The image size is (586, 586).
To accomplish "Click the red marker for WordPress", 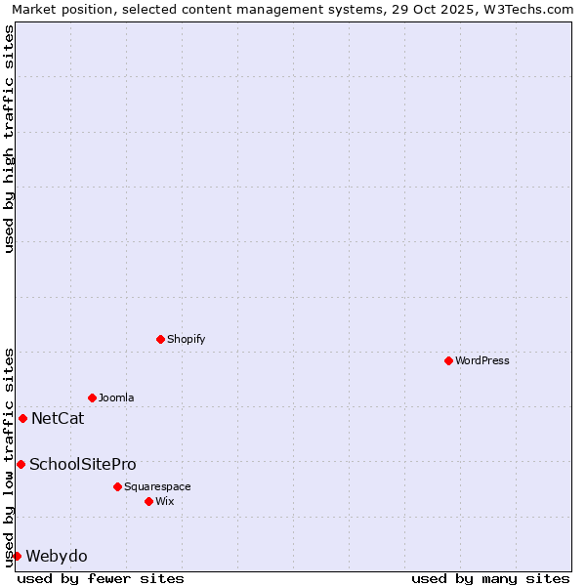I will pyautogui.click(x=448, y=360).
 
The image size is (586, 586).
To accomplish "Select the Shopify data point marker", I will pyautogui.click(x=160, y=339).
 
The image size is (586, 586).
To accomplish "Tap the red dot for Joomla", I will pyautogui.click(x=92, y=398).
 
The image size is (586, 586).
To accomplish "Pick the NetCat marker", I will pyautogui.click(x=22, y=418).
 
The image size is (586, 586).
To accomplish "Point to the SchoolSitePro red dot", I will pyautogui.click(x=21, y=464).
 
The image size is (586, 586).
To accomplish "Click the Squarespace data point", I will pyautogui.click(x=117, y=486).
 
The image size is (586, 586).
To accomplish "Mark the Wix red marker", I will pyautogui.click(x=148, y=501).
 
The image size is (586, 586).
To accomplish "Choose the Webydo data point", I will pyautogui.click(x=17, y=556).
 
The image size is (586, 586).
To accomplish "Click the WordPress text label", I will pyautogui.click(x=482, y=360).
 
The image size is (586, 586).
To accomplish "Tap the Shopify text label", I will pyautogui.click(x=186, y=339).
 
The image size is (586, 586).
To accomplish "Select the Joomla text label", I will pyautogui.click(x=116, y=398).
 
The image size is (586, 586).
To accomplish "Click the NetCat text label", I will pyautogui.click(x=58, y=419).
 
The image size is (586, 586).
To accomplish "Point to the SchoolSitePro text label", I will pyautogui.click(x=83, y=465).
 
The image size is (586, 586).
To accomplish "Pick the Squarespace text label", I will pyautogui.click(x=157, y=486).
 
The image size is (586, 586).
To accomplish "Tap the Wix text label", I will pyautogui.click(x=164, y=501).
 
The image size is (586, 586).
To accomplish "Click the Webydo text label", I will pyautogui.click(x=57, y=557).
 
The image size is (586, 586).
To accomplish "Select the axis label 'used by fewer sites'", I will pyautogui.click(x=101, y=578).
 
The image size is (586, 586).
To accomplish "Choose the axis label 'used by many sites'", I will pyautogui.click(x=490, y=578).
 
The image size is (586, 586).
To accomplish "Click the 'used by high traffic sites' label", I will pyautogui.click(x=9, y=139).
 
